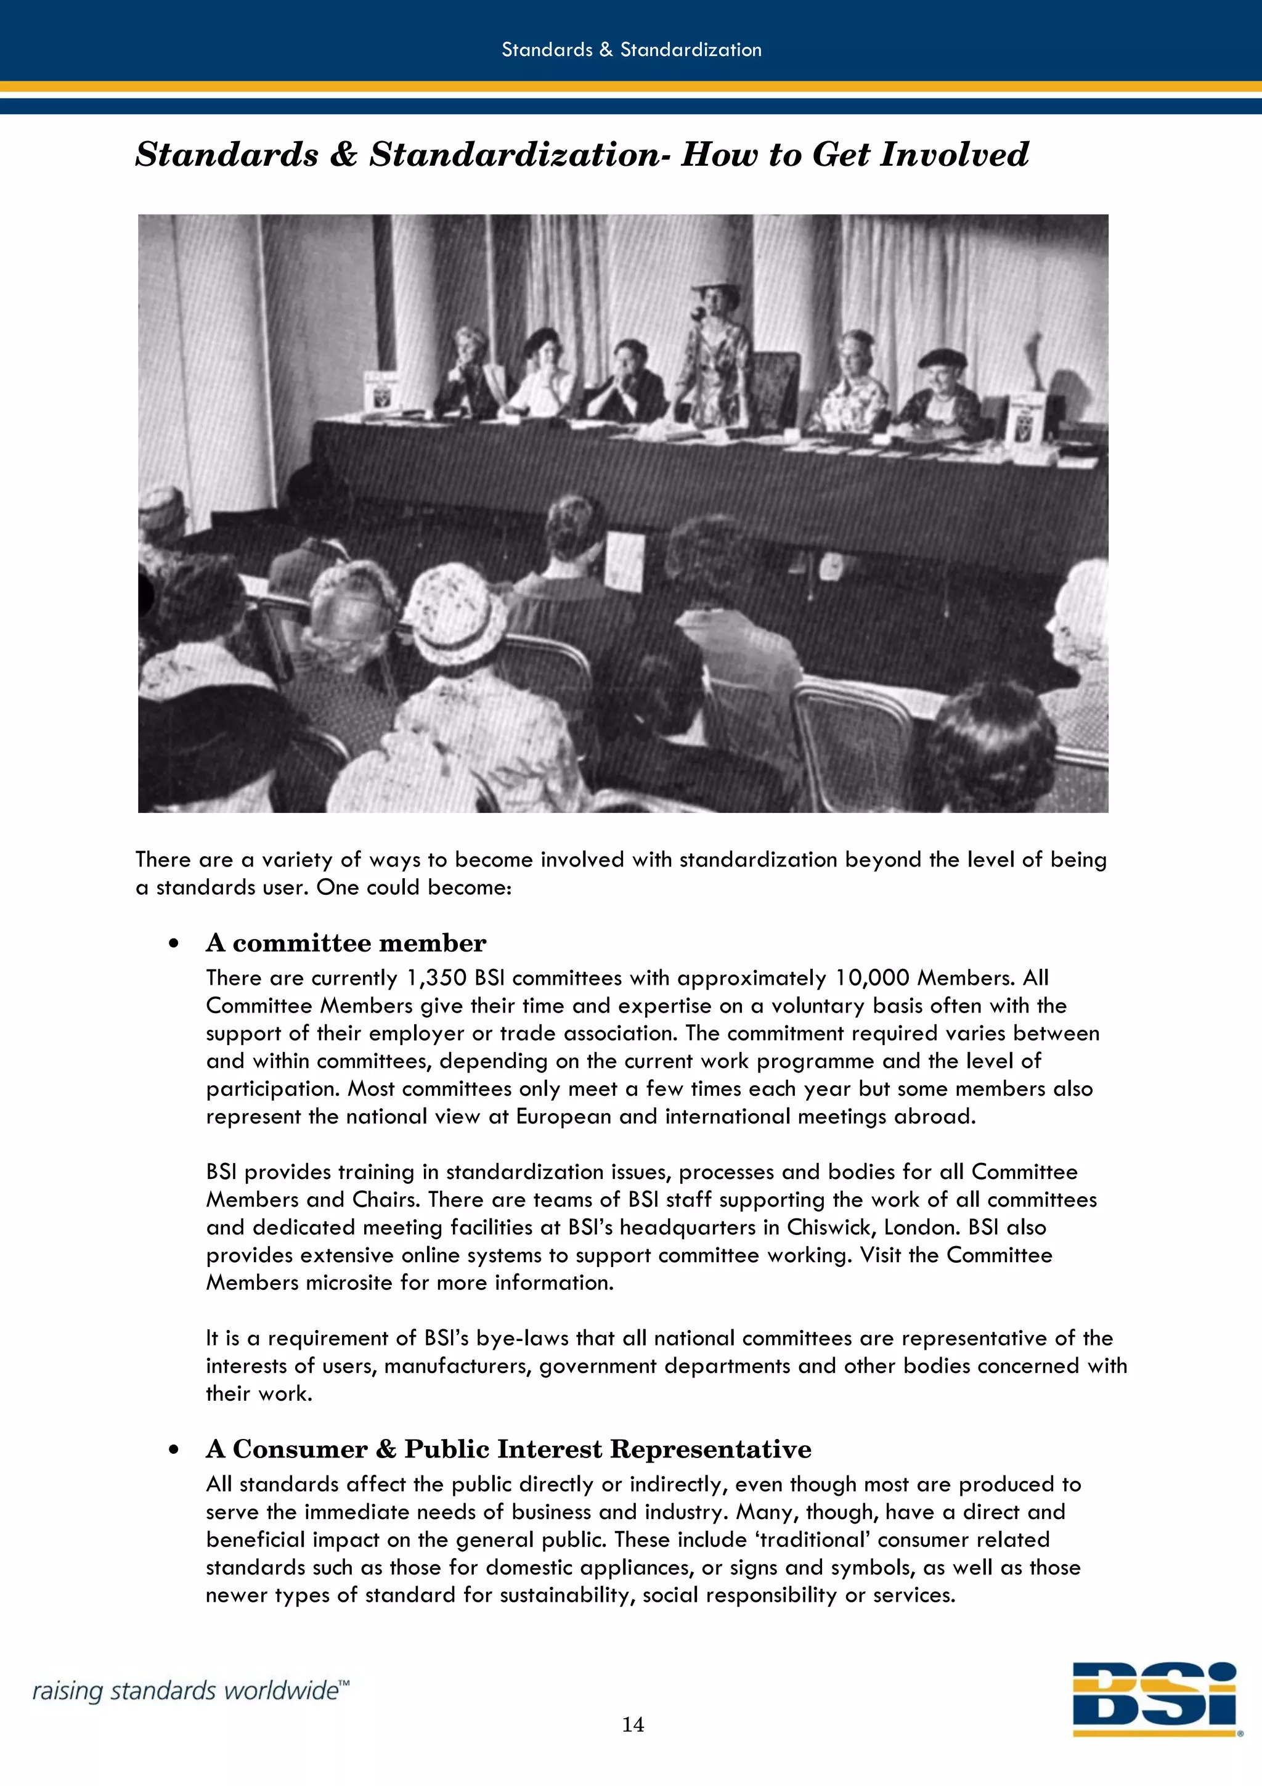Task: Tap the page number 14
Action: pyautogui.click(x=632, y=1724)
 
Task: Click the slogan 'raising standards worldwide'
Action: pyautogui.click(x=190, y=1690)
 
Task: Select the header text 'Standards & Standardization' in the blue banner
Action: pyautogui.click(x=630, y=50)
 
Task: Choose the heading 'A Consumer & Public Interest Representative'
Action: pyautogui.click(x=508, y=1449)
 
